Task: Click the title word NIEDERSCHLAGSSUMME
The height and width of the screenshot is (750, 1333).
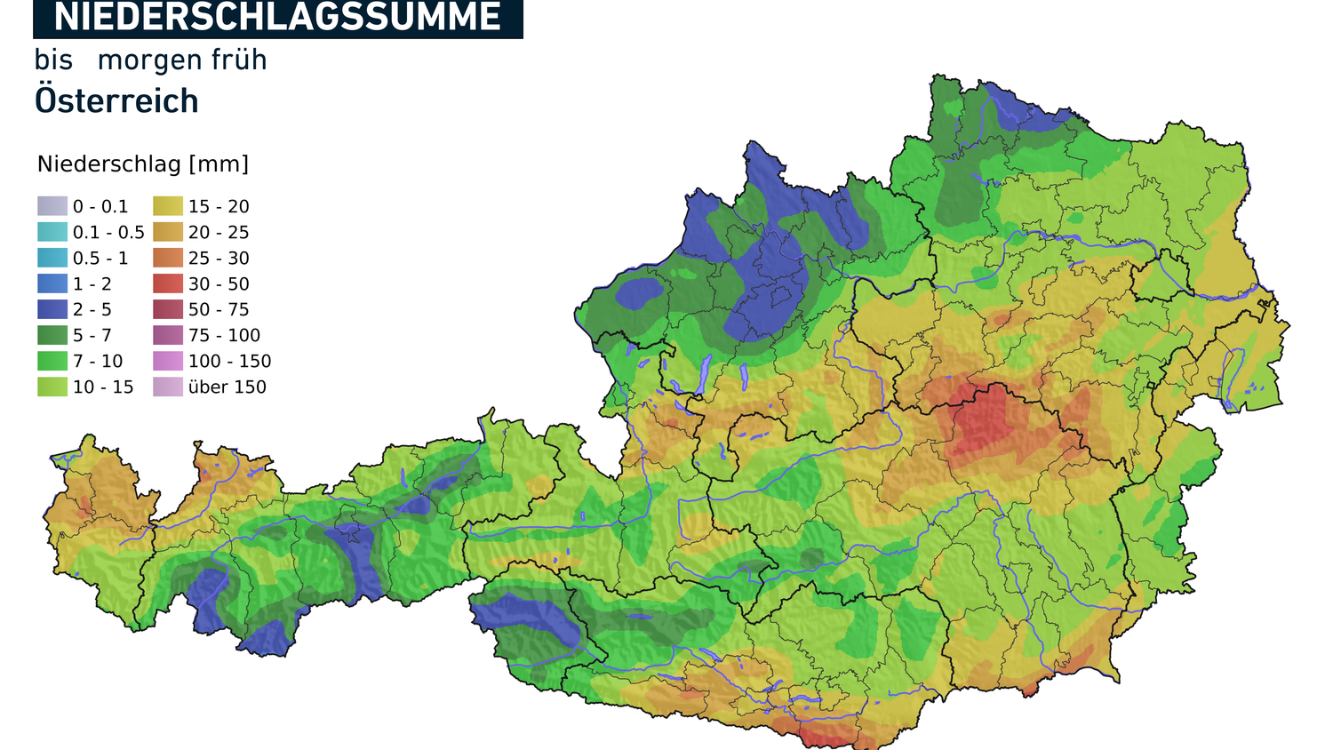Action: click(277, 18)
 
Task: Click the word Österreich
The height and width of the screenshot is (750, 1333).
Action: click(116, 101)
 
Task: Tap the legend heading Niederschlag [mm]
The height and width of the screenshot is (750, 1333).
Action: click(143, 164)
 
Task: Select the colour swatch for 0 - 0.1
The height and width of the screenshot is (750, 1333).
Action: click(52, 206)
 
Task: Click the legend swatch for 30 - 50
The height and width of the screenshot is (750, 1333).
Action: click(168, 283)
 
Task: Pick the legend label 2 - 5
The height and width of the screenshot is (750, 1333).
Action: click(92, 309)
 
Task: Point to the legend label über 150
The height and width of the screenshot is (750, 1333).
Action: click(227, 387)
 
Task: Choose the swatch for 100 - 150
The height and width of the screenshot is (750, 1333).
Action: click(168, 361)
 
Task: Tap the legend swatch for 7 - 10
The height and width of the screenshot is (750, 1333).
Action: click(52, 361)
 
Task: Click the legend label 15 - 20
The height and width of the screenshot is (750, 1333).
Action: click(219, 206)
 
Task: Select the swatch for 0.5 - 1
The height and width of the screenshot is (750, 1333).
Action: click(52, 258)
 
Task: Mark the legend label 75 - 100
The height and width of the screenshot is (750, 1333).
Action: click(224, 335)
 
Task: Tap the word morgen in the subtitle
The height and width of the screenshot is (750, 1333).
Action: click(150, 60)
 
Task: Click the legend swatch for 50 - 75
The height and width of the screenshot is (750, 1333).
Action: click(168, 309)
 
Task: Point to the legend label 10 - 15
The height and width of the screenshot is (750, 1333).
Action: click(103, 387)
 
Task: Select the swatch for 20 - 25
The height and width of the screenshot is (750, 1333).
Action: click(168, 232)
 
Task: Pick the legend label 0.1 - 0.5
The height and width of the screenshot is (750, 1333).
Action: click(108, 232)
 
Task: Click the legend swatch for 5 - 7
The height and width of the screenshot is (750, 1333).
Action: click(52, 335)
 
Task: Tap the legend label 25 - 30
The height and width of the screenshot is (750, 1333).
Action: click(219, 258)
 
